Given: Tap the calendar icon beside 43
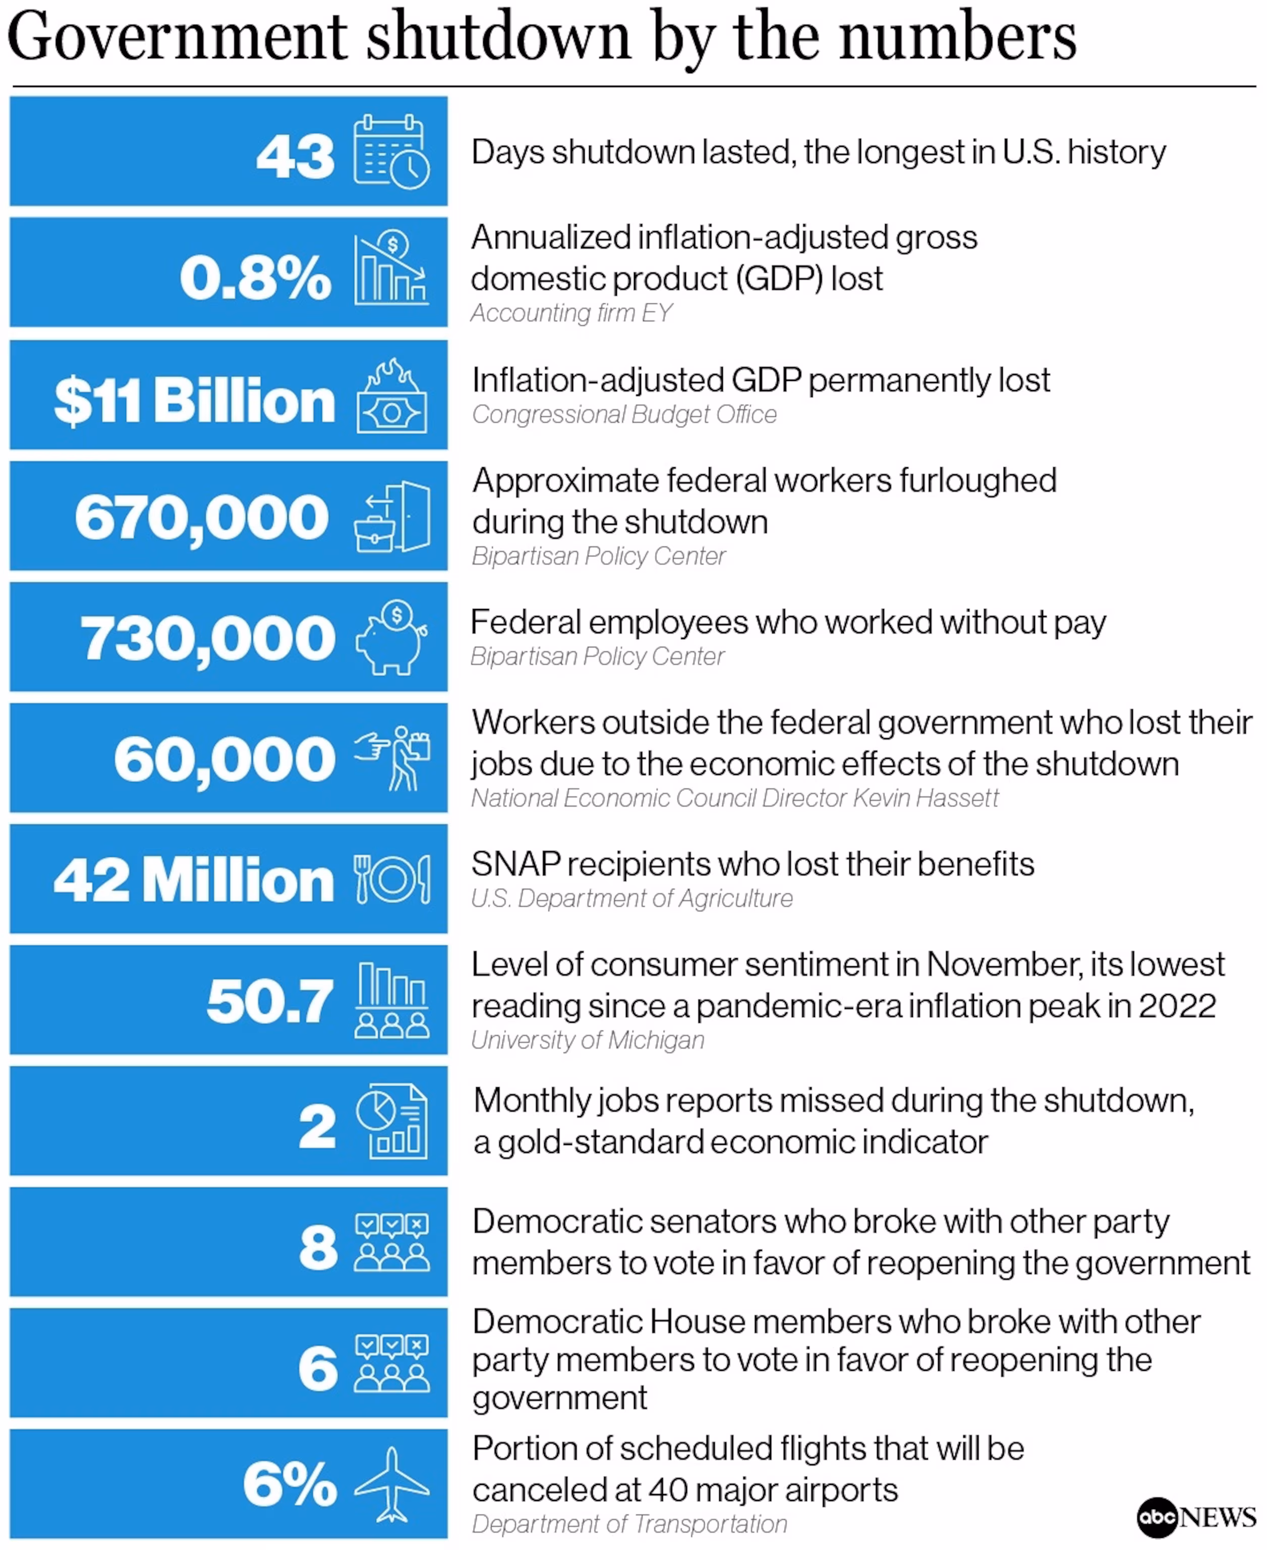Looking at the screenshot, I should click(391, 152).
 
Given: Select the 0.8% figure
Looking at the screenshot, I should click(255, 278).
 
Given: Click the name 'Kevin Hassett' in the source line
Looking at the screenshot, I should click(926, 798).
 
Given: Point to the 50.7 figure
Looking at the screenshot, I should click(269, 1001).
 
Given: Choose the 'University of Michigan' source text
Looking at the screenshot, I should click(588, 1040).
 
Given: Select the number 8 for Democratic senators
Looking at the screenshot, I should click(318, 1247).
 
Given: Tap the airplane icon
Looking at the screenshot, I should click(391, 1485).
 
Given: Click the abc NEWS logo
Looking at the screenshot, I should click(1195, 1517).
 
